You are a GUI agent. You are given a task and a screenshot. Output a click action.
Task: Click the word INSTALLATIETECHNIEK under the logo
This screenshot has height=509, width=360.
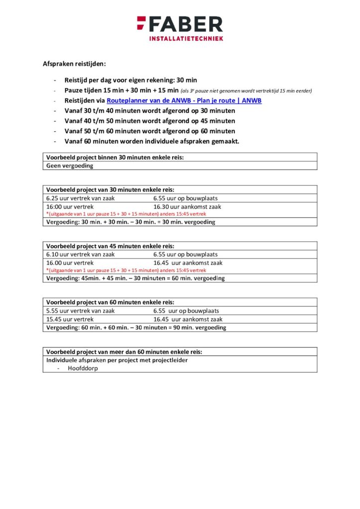click(x=186, y=38)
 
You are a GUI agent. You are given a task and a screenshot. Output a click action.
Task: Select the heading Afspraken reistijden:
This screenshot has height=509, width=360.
click(x=74, y=64)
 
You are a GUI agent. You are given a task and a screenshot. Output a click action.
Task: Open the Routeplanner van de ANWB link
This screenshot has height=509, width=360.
click(x=184, y=100)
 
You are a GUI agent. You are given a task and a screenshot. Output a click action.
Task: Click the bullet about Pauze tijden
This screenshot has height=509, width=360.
click(x=121, y=90)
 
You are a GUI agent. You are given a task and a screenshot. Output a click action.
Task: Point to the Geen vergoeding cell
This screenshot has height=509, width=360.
click(x=70, y=166)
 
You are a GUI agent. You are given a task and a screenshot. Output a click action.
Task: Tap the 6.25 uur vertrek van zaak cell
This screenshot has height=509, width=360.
click(x=80, y=198)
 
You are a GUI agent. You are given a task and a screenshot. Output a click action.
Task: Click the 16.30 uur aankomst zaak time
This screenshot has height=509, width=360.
click(x=187, y=206)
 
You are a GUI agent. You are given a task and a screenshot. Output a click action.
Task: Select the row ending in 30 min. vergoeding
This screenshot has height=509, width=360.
click(x=131, y=222)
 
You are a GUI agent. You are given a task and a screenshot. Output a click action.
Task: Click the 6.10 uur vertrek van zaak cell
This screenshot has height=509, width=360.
click(x=80, y=254)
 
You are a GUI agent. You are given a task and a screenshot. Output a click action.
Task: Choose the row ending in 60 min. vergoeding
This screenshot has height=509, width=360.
click(x=135, y=278)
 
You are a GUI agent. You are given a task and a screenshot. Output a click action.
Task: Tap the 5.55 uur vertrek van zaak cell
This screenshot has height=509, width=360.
click(x=80, y=310)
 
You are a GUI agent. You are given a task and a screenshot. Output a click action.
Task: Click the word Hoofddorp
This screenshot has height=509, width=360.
click(x=83, y=368)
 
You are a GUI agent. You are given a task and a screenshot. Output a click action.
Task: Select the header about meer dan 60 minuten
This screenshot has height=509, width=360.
click(x=124, y=351)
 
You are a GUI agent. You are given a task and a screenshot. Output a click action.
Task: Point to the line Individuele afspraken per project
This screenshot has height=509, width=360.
click(x=117, y=360)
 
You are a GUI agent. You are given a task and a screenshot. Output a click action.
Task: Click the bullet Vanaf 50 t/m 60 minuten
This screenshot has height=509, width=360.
click(x=150, y=131)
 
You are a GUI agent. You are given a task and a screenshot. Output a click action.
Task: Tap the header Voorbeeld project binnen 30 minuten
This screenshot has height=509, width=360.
click(x=115, y=157)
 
